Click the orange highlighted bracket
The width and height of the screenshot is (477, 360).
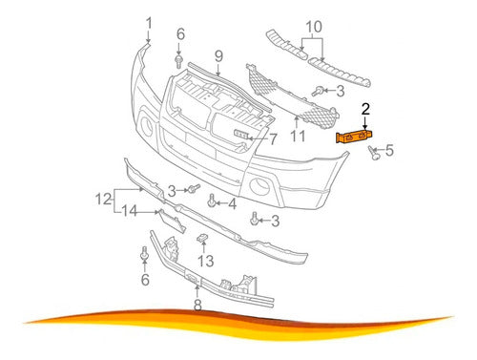(354, 138)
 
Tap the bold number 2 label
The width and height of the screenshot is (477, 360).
(365, 109)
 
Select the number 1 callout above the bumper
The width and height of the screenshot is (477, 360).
(149, 24)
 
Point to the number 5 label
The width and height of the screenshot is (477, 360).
(389, 150)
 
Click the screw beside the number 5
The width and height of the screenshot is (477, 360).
(374, 153)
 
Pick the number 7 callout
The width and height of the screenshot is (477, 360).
(273, 139)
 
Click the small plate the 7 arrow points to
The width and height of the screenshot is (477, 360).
(242, 135)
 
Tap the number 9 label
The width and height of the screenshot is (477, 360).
(218, 56)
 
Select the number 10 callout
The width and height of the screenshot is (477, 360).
(314, 27)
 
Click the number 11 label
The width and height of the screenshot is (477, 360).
(298, 137)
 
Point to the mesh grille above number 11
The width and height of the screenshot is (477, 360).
(292, 96)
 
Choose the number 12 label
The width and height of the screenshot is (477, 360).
(104, 200)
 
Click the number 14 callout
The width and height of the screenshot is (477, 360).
(130, 211)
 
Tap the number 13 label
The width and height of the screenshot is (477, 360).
(206, 262)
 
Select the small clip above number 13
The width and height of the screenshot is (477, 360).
(202, 238)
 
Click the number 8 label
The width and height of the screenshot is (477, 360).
(197, 305)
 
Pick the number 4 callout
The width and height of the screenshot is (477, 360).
(233, 204)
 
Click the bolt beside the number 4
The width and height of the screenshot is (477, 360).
(212, 201)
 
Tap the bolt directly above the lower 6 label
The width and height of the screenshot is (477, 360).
(145, 253)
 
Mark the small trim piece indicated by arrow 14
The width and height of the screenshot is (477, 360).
(172, 222)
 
